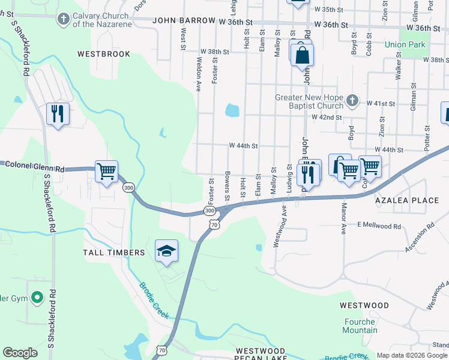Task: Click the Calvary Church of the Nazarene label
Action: (100, 20)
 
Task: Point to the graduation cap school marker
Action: (166, 251)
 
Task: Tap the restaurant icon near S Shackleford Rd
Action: (58, 113)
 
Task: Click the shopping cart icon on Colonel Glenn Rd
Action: (106, 172)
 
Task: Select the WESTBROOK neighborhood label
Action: (104, 54)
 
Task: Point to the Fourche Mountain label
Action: (360, 326)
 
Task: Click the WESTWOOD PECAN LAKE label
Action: (260, 354)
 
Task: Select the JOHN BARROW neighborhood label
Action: (183, 20)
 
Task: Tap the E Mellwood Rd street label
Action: (378, 226)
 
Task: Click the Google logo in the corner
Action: (20, 353)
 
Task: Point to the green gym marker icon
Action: (37, 296)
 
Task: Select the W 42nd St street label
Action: (327, 118)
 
